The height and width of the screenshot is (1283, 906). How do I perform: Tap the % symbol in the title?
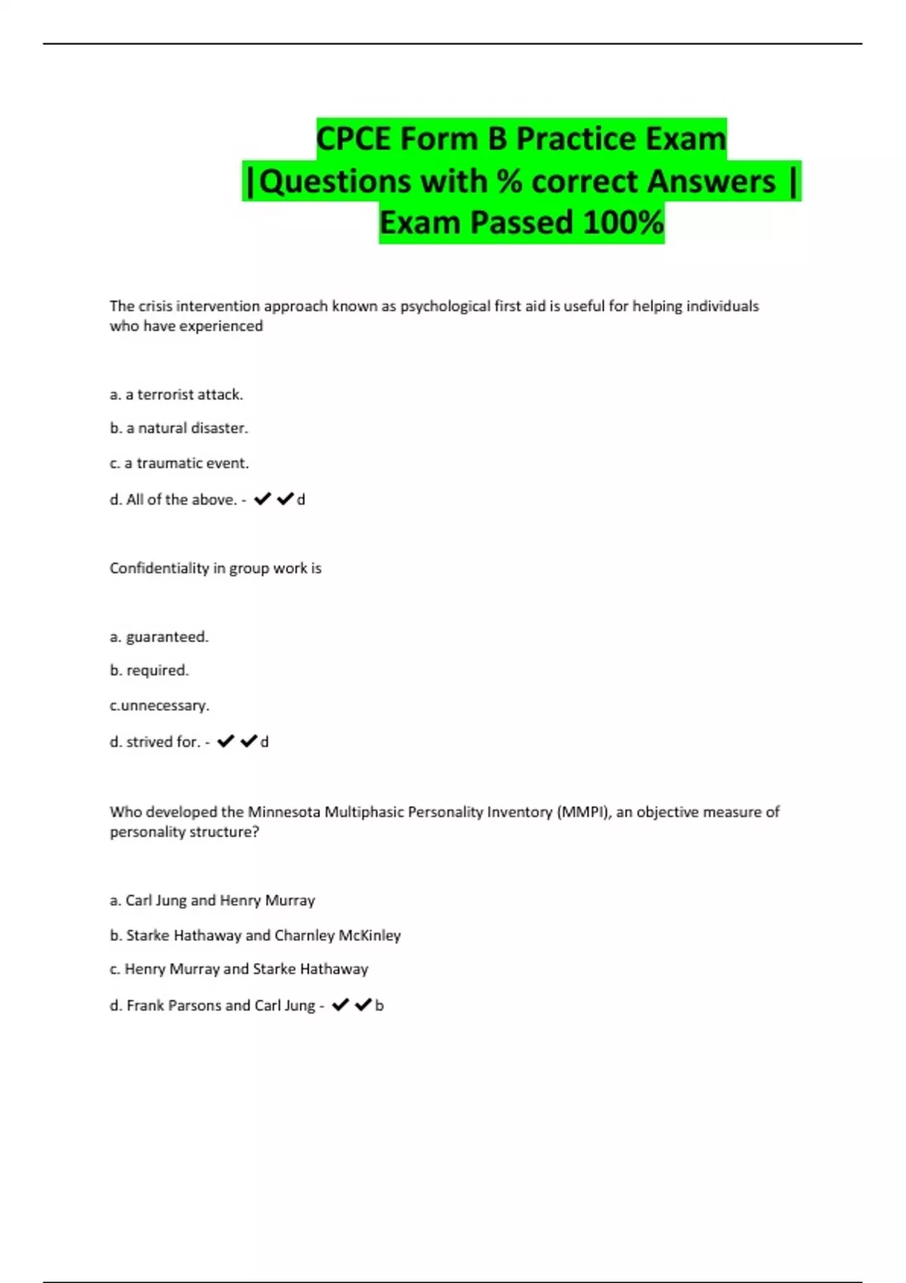(x=510, y=181)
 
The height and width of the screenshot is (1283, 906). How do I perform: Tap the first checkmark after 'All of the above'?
(x=262, y=499)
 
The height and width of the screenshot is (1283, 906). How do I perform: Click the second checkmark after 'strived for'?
(x=248, y=741)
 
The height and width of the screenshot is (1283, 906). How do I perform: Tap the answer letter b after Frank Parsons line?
(x=380, y=1005)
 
